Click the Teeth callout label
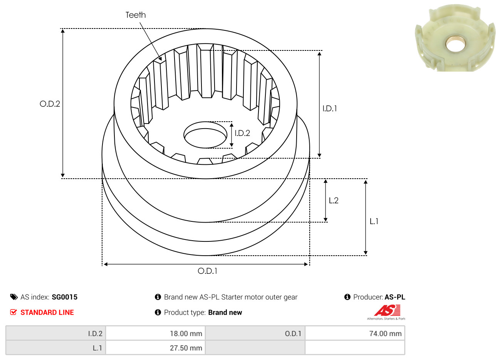click(136, 15)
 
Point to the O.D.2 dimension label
click(50, 104)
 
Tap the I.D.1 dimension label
click(329, 109)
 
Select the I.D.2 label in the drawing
click(242, 133)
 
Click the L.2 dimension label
click(334, 201)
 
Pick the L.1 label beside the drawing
click(374, 221)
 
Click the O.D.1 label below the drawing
click(207, 271)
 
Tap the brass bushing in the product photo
click(455, 44)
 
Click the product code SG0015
click(64, 297)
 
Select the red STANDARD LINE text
click(47, 313)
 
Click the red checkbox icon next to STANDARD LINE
click(13, 312)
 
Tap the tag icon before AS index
click(14, 297)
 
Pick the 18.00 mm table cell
click(155, 333)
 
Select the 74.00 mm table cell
click(355, 333)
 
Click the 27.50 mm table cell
click(155, 348)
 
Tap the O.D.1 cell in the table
click(255, 333)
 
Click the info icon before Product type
click(158, 312)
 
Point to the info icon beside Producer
click(347, 297)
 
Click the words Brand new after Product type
click(225, 313)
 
